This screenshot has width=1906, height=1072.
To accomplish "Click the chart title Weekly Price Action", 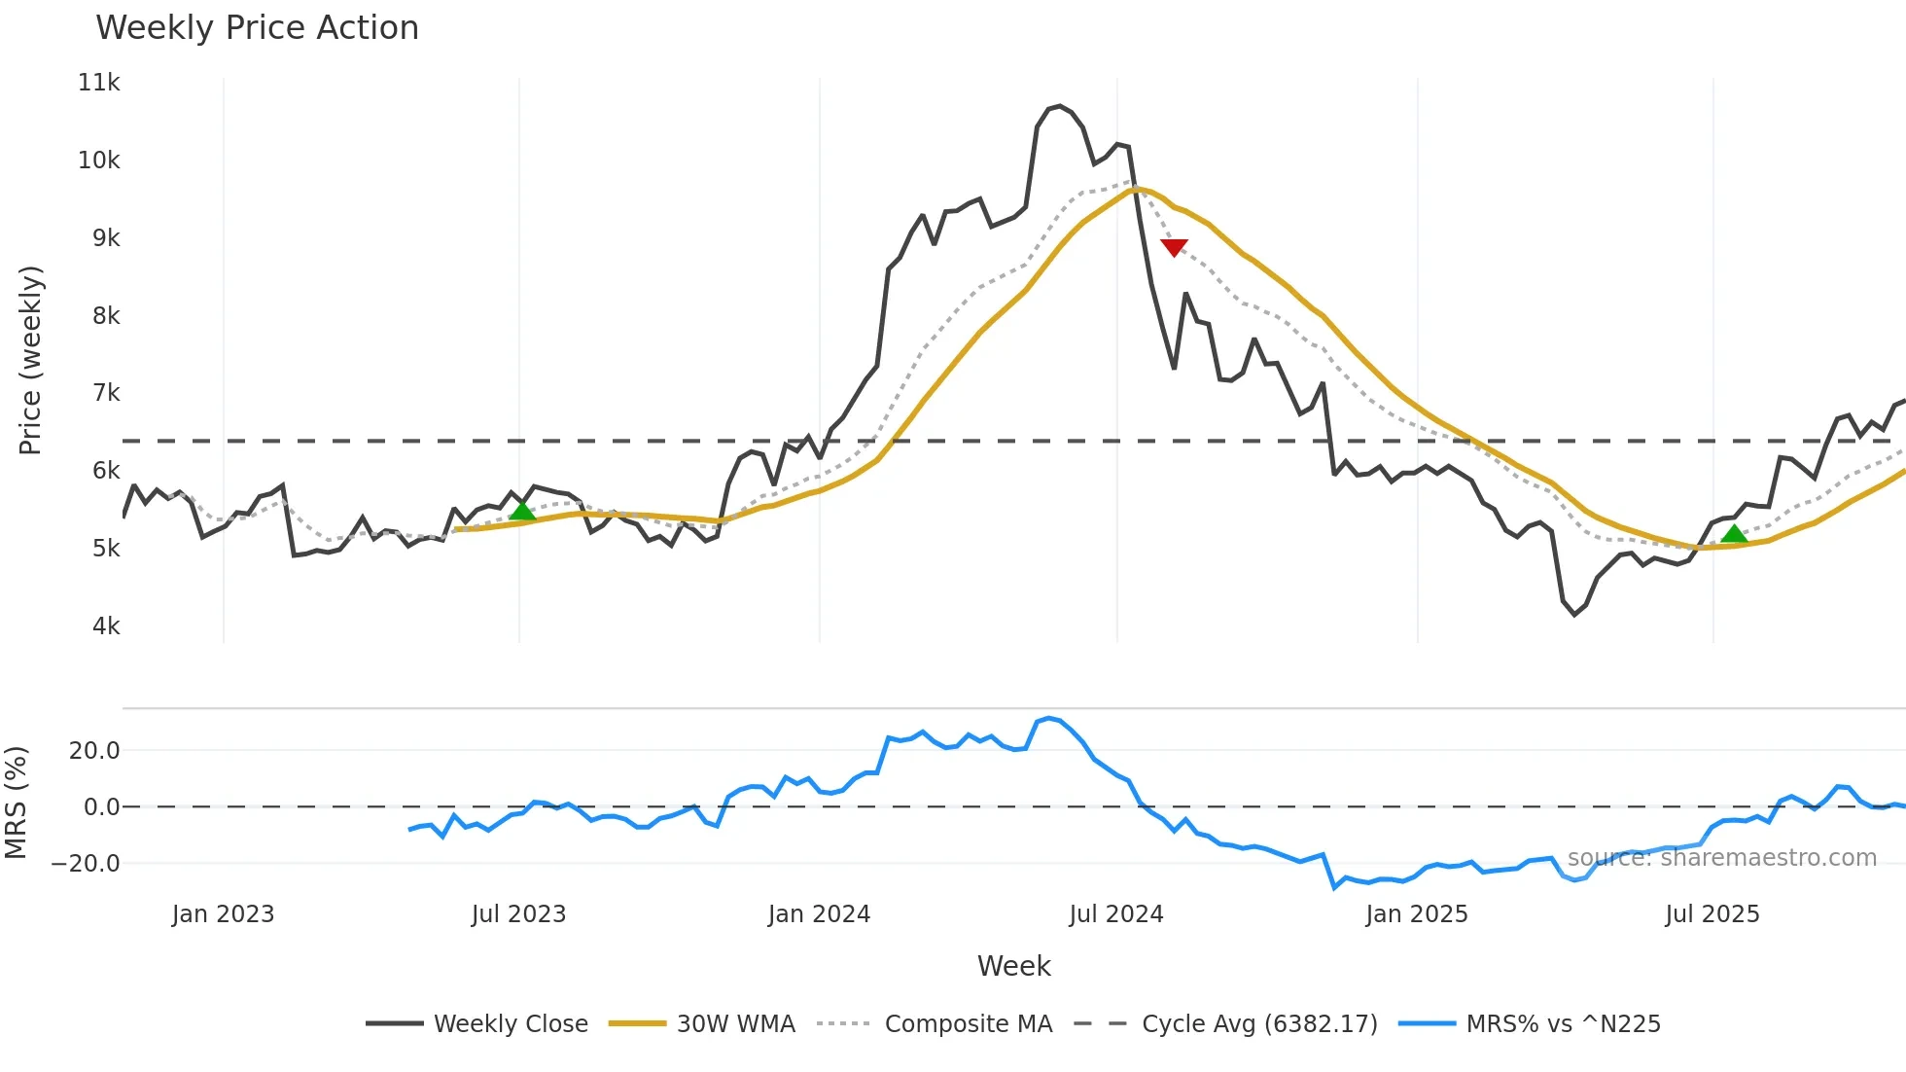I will pyautogui.click(x=257, y=28).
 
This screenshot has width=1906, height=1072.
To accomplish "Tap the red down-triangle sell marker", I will pyautogui.click(x=1174, y=247).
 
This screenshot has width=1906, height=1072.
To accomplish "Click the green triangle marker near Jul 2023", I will pyautogui.click(x=522, y=511).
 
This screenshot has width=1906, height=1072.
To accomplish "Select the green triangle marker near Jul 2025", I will pyautogui.click(x=1734, y=533).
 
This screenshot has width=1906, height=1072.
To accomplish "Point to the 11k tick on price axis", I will pyautogui.click(x=99, y=83).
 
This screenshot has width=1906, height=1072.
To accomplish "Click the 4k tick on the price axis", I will pyautogui.click(x=106, y=626).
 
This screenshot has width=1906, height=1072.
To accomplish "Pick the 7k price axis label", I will pyautogui.click(x=106, y=393).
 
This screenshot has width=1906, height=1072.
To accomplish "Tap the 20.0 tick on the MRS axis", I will pyautogui.click(x=94, y=751).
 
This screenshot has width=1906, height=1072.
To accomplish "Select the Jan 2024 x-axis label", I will pyautogui.click(x=819, y=914).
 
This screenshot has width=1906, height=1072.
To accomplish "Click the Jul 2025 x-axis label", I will pyautogui.click(x=1712, y=914).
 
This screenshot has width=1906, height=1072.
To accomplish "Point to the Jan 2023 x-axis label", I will pyautogui.click(x=223, y=914).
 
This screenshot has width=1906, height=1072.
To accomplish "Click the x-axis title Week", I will pyautogui.click(x=1013, y=966).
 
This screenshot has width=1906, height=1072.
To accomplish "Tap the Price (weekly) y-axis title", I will pyautogui.click(x=30, y=360).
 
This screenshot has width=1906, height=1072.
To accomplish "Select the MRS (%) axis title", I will pyautogui.click(x=16, y=803).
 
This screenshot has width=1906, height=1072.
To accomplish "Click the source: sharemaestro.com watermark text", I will pyautogui.click(x=1721, y=858).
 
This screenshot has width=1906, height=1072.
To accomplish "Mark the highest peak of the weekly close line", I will pyautogui.click(x=1060, y=105).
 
